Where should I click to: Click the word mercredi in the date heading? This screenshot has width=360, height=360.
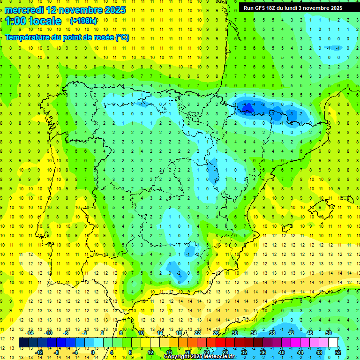point(24,10)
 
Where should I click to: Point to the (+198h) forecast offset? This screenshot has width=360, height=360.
point(83,21)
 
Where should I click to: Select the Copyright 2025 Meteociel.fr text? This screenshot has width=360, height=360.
point(199,357)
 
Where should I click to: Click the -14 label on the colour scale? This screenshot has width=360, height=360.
point(30,333)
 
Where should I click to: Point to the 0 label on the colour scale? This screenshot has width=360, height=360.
point(93,352)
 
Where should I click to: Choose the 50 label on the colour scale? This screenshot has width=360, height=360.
point(328,333)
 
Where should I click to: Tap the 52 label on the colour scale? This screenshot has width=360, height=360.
point(338,352)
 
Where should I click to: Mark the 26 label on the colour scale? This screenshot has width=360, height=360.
point(216,333)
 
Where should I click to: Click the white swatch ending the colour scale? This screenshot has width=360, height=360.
point(333,343)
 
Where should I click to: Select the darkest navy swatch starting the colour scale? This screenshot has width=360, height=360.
point(24,343)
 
